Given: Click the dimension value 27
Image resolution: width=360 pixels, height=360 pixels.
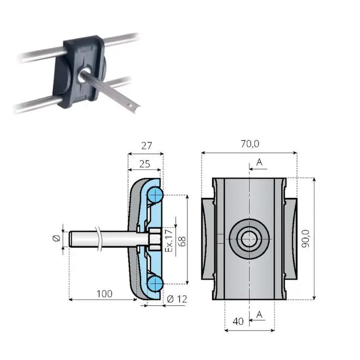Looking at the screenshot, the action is [146, 146].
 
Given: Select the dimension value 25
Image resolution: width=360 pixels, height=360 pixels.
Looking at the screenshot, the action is [144, 164].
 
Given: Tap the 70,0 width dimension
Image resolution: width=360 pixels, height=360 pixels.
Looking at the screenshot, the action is [250, 144].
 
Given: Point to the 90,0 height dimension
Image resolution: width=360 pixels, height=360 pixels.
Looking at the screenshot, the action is [306, 239].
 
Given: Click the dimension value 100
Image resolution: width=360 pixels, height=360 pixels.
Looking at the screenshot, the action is [105, 294].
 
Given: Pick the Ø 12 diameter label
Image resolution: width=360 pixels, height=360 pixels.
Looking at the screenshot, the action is [177, 299].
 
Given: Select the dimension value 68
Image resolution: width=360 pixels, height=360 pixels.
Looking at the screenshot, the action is [182, 241].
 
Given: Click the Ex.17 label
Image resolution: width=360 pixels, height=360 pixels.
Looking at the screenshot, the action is [169, 240].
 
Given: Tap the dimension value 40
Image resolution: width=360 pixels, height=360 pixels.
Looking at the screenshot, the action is [238, 322].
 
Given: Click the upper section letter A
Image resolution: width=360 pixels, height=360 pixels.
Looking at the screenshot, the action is [259, 162].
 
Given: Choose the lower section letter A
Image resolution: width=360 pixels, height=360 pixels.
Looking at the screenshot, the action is [259, 314].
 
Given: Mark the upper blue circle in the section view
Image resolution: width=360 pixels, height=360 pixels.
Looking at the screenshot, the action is [155, 195].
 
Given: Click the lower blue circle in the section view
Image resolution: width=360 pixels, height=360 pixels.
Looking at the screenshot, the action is [155, 284].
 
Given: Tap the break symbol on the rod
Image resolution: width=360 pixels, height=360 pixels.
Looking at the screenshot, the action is [99, 239].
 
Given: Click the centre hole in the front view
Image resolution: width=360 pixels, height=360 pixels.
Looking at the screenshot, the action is [249, 239].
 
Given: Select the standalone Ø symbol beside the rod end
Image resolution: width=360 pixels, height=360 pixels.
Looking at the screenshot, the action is [57, 238].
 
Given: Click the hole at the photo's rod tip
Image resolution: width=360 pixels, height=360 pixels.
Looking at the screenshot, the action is [130, 106].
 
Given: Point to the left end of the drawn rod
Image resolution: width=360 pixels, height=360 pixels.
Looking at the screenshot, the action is [69, 239].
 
